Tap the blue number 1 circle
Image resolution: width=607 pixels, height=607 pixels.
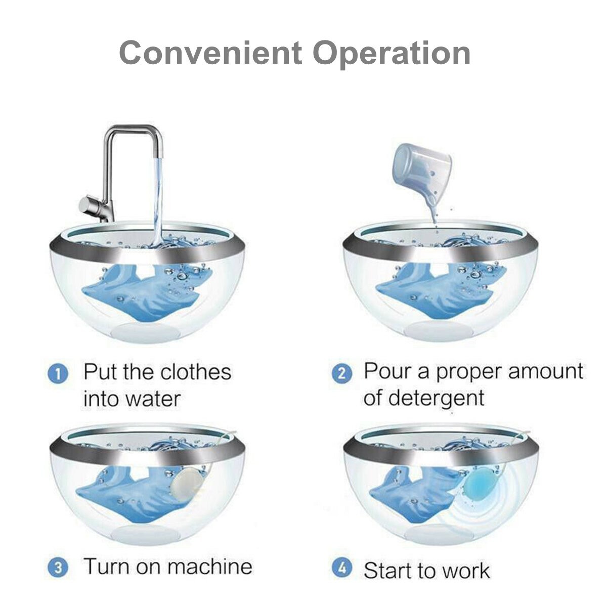[57, 374]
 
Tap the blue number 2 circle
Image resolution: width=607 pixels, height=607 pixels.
[341, 374]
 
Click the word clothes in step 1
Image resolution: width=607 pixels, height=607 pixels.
[195, 372]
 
